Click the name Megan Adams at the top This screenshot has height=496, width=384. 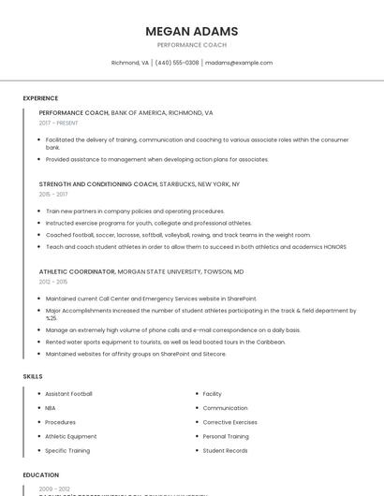(x=191, y=31)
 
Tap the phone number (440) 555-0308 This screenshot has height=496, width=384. (x=177, y=63)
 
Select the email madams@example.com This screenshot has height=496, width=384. (x=239, y=63)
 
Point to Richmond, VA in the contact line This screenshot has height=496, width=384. (x=130, y=63)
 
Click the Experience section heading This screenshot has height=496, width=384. (x=40, y=98)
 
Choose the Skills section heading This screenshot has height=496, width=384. (x=33, y=375)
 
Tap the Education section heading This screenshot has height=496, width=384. (x=41, y=474)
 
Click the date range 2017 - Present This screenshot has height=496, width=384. (x=58, y=123)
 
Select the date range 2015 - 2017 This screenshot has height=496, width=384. (x=53, y=195)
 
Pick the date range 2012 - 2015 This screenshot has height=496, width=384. (x=53, y=281)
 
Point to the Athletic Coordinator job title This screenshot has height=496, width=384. (x=77, y=270)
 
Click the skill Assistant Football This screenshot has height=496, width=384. (x=68, y=394)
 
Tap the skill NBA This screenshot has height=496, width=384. (x=51, y=408)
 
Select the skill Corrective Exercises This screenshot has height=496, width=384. (x=229, y=422)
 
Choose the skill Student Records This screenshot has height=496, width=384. (x=225, y=450)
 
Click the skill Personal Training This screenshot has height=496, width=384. (x=226, y=436)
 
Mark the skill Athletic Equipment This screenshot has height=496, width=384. (x=70, y=436)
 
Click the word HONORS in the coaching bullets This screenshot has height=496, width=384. (x=335, y=246)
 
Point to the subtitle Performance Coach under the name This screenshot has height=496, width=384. (x=191, y=45)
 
